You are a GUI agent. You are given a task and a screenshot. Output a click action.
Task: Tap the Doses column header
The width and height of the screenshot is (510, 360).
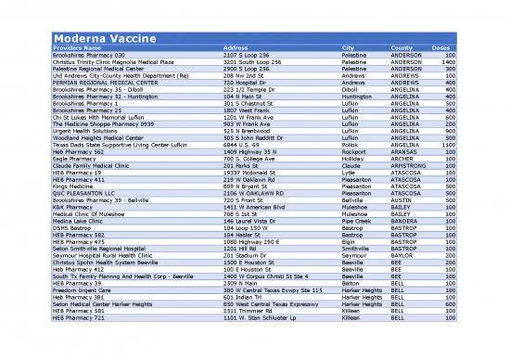[x=441, y=48]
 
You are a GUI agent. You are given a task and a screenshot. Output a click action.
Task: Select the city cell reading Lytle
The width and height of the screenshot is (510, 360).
[x=350, y=174]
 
